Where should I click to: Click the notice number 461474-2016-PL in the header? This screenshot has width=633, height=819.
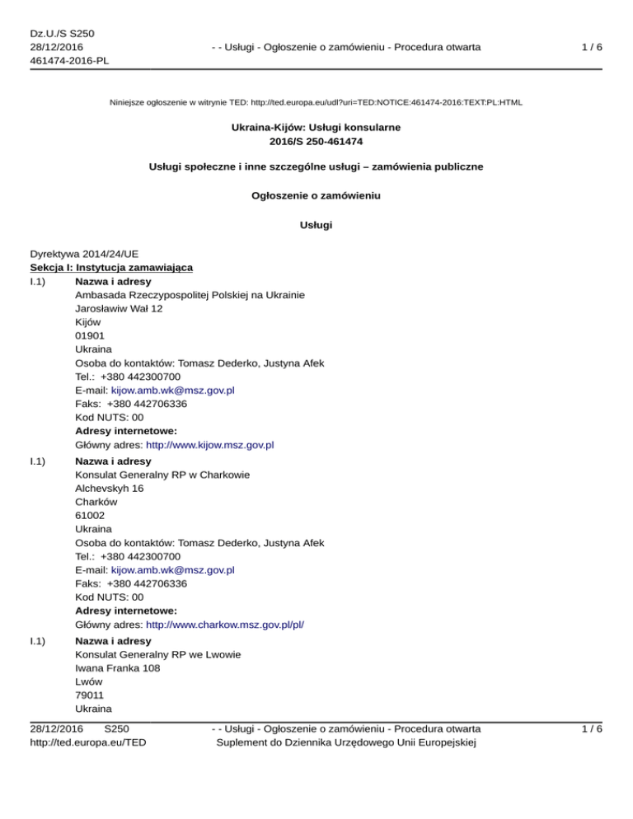tap(69, 60)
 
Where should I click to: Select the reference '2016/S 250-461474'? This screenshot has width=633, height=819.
tap(316, 141)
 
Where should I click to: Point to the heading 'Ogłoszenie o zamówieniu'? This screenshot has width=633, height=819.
tap(316, 195)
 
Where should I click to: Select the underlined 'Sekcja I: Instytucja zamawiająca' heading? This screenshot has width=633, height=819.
tap(111, 268)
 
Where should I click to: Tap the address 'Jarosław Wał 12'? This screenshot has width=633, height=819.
tap(119, 308)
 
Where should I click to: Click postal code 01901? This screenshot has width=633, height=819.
tap(90, 335)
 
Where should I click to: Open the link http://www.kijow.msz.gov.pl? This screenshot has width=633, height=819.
tap(209, 445)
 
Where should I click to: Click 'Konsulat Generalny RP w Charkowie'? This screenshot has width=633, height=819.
tap(162, 475)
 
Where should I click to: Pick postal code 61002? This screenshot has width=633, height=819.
tap(90, 515)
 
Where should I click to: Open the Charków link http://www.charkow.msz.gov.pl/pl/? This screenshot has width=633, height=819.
tap(224, 625)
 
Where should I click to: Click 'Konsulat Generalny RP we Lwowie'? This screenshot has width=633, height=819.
tap(158, 654)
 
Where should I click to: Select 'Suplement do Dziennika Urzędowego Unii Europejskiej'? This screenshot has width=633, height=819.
tap(346, 742)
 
